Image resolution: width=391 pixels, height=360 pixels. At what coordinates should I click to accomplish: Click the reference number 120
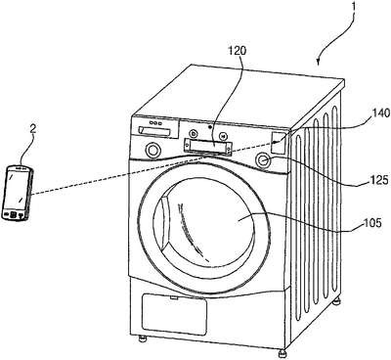[x=237, y=51]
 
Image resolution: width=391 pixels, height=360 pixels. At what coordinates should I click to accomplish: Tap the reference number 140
[x=380, y=112]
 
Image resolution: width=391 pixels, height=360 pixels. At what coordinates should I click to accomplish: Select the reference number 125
[x=379, y=180]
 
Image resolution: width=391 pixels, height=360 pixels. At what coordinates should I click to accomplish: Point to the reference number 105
[x=371, y=223]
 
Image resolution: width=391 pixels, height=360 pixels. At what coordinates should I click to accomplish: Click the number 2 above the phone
[x=32, y=128]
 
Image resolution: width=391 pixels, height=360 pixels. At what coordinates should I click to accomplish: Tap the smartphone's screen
[x=16, y=189]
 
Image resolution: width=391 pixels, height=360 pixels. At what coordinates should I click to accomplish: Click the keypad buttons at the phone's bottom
[x=13, y=214]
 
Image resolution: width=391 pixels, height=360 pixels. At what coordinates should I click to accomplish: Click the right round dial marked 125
[x=264, y=159]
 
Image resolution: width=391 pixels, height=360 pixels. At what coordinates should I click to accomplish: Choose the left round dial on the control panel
[x=152, y=150]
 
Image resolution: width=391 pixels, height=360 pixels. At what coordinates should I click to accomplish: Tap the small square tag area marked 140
[x=278, y=142]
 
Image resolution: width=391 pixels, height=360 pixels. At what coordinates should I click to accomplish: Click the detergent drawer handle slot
[x=154, y=131]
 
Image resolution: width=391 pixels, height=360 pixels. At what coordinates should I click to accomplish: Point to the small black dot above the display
[x=210, y=126]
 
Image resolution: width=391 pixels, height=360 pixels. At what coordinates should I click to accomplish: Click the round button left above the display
[x=194, y=133]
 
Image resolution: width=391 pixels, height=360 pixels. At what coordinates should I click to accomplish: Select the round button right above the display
[x=223, y=135]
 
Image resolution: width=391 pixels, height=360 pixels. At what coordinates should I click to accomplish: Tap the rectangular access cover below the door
[x=175, y=314]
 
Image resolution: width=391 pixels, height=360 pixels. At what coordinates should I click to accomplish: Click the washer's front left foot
[x=142, y=338]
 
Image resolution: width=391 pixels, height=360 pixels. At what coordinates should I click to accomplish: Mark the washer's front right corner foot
[x=282, y=354]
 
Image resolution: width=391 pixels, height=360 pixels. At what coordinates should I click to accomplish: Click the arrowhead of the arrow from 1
[x=320, y=61]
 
